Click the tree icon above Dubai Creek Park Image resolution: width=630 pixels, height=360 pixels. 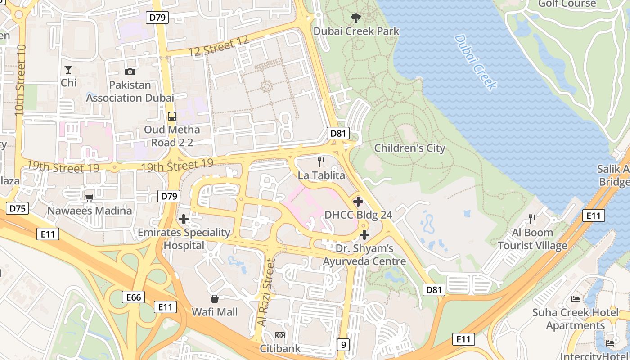[356, 18]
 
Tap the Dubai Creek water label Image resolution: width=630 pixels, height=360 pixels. [475, 62]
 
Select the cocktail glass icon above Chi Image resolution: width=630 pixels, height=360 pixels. [68, 70]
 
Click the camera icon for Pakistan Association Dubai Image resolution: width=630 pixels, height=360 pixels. [130, 72]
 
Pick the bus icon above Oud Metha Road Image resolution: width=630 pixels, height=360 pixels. [172, 117]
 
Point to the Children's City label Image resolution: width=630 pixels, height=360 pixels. [409, 148]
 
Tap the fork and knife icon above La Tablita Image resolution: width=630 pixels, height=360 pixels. [321, 162]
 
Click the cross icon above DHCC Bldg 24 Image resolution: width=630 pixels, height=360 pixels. [358, 202]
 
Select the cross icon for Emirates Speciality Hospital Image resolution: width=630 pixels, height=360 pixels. [183, 220]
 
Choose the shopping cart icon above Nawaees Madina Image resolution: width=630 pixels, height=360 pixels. [90, 197]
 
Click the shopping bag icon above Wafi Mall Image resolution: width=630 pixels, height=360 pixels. [215, 299]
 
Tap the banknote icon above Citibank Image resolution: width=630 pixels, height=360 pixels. [280, 336]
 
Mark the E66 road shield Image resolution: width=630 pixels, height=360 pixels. [133, 297]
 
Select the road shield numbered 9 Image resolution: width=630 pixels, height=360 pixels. [343, 345]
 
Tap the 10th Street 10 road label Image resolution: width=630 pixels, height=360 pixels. [20, 80]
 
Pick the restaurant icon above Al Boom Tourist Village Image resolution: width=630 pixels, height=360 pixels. [532, 219]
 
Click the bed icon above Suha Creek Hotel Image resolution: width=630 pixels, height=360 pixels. [575, 299]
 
